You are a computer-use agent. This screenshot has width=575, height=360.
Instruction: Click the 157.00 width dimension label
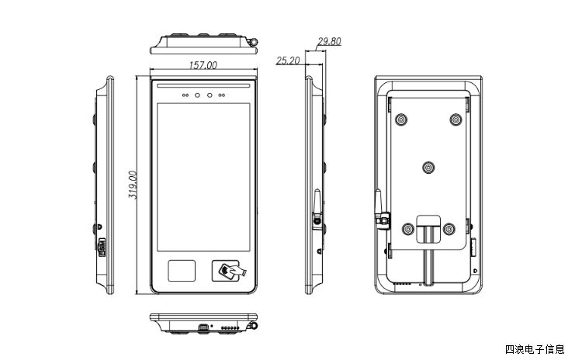[203, 66]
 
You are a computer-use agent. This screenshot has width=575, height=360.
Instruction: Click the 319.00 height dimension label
[133, 185]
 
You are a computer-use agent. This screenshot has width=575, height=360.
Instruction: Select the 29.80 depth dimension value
[330, 42]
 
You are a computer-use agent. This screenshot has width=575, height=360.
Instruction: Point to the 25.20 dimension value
[288, 60]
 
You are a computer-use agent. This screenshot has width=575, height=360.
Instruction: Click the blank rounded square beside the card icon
[182, 271]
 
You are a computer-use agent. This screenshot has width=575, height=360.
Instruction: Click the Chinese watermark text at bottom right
[535, 349]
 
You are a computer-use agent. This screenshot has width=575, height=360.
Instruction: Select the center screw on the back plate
[428, 167]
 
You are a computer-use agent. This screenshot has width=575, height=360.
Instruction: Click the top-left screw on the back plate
[400, 119]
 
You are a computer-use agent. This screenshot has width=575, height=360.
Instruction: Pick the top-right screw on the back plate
[456, 119]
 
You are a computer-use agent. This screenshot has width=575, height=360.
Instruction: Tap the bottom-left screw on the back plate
[408, 229]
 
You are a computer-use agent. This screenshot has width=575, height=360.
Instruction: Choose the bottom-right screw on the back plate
[449, 229]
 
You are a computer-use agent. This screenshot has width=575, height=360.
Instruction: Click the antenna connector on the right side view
[318, 220]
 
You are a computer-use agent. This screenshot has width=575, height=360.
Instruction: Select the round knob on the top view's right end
[253, 40]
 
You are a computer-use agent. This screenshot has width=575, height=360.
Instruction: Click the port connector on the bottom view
[202, 327]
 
